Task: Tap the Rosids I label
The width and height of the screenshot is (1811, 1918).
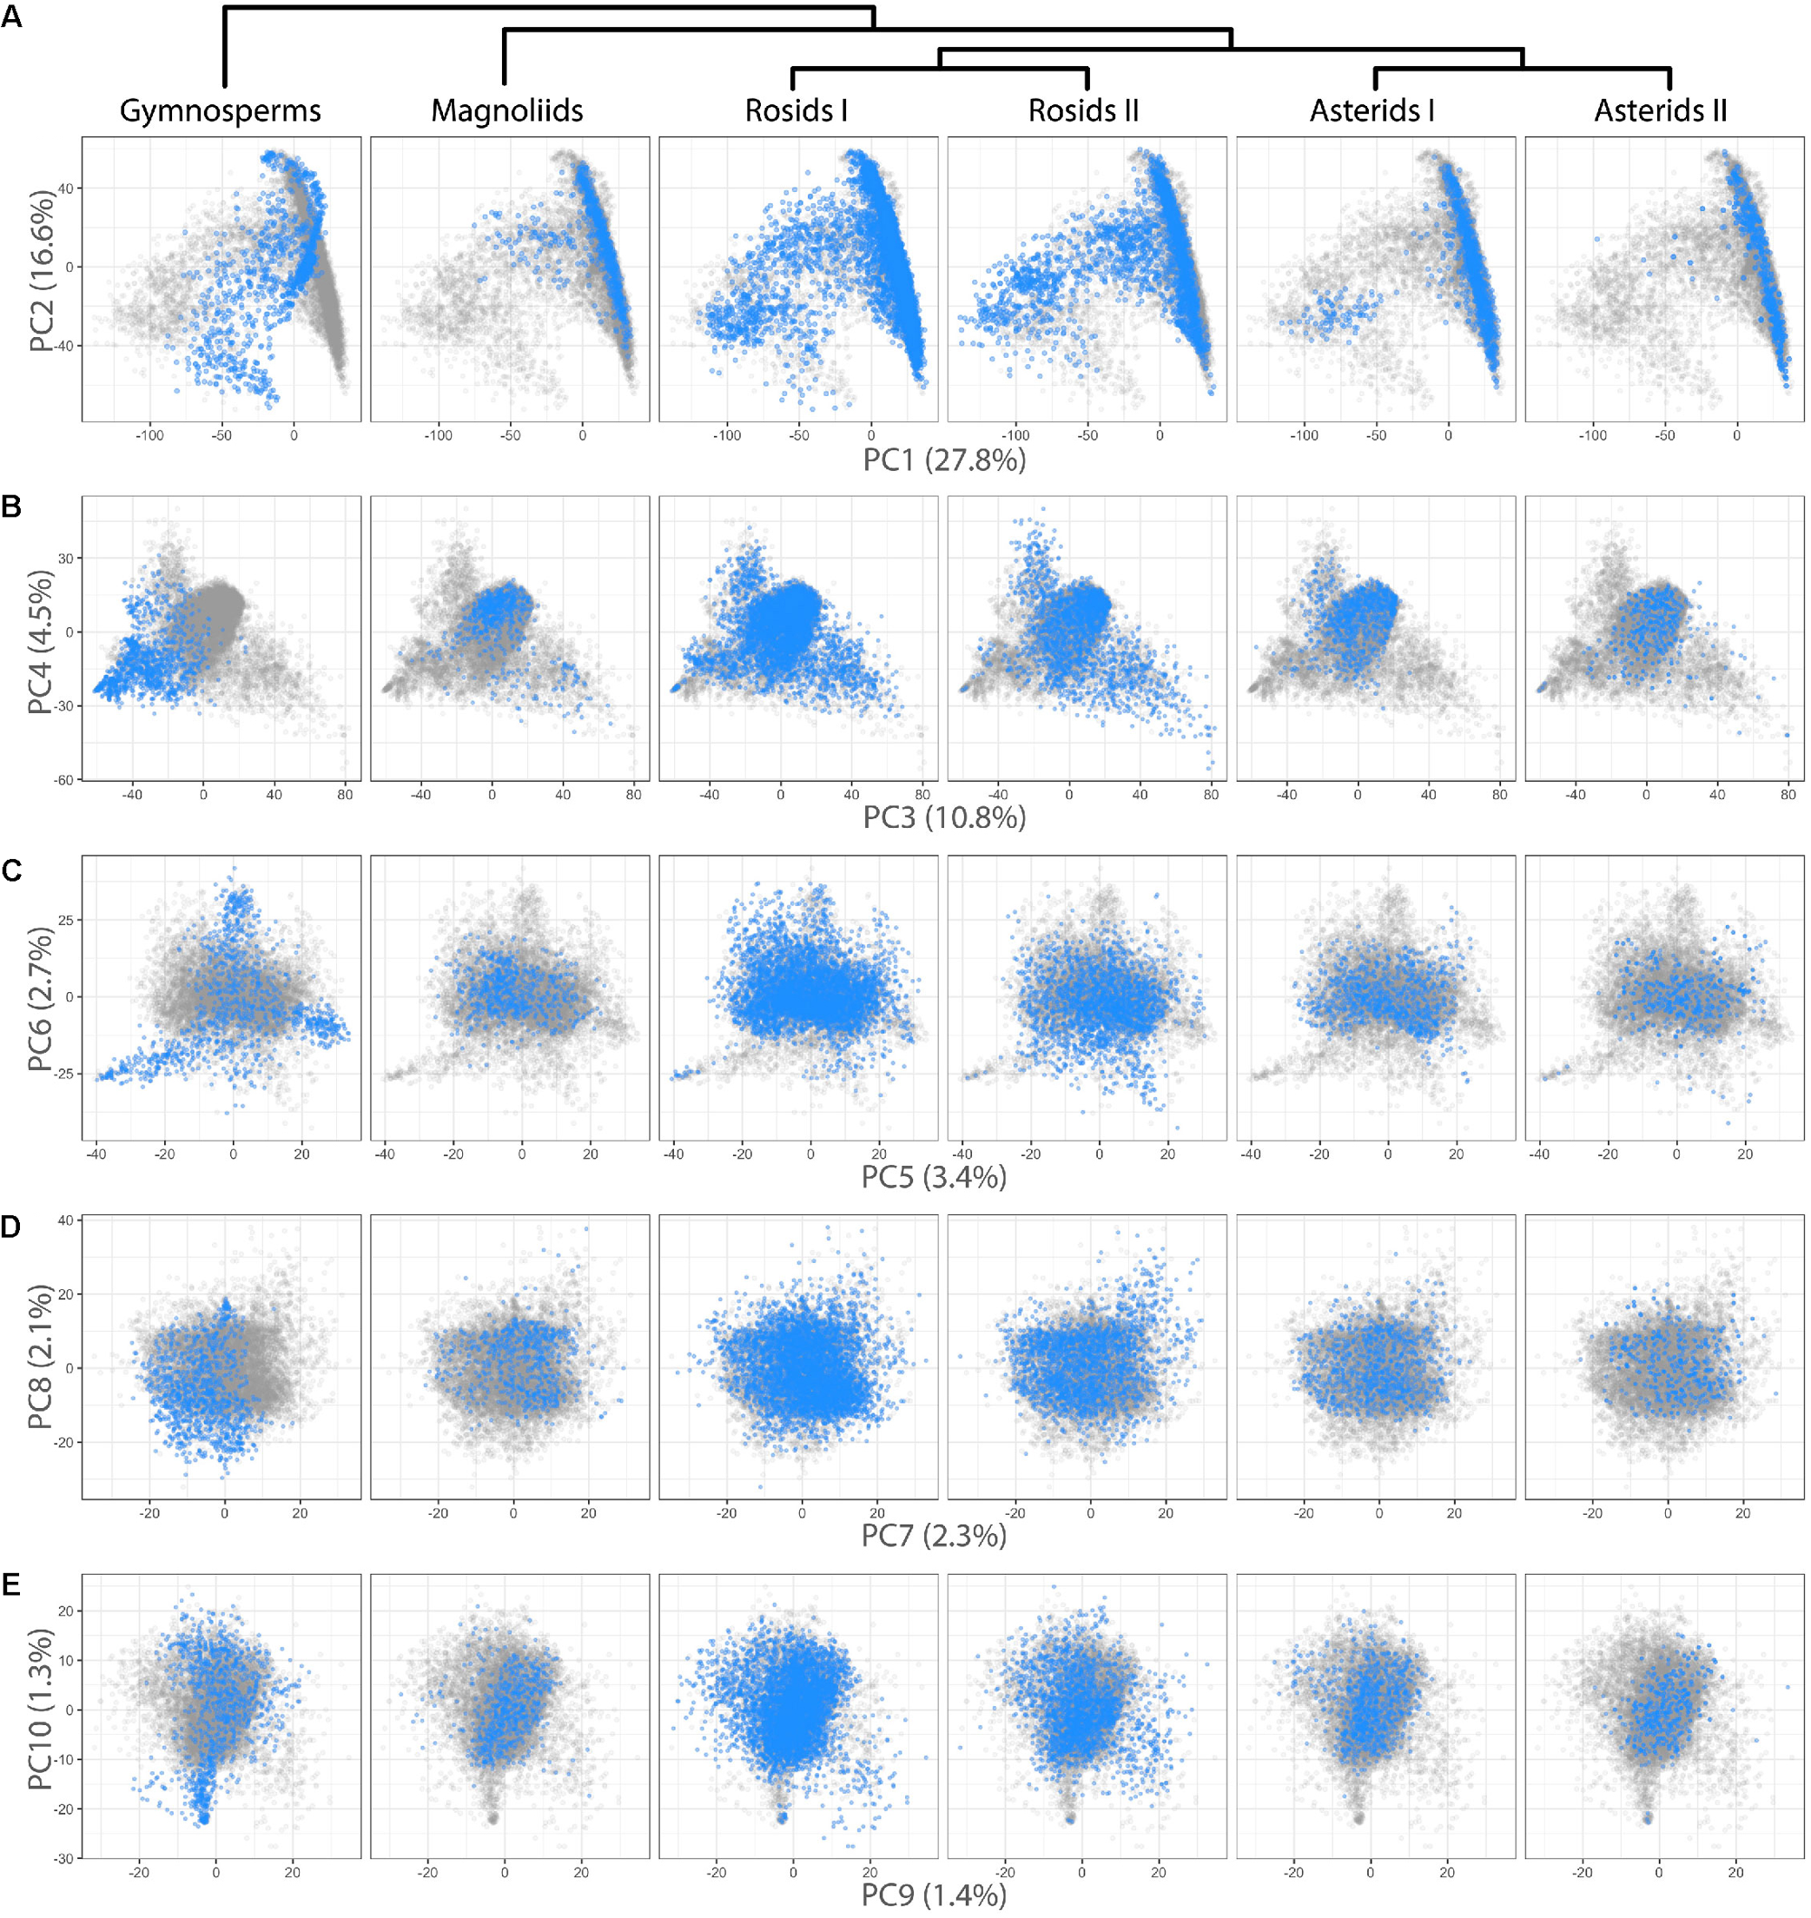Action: (x=796, y=111)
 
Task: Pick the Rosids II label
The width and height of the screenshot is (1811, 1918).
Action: (x=1083, y=111)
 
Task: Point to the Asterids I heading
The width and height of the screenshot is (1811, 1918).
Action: (x=1371, y=111)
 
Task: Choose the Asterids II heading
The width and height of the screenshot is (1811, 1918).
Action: (x=1661, y=111)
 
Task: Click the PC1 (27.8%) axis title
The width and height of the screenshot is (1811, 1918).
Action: (x=944, y=460)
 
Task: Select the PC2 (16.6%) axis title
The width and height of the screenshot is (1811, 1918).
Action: (x=42, y=271)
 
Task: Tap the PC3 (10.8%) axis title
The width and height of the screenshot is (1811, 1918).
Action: (x=944, y=817)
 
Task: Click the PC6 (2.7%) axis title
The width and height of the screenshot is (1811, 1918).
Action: (x=41, y=999)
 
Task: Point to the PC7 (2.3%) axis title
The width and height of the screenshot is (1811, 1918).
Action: (x=934, y=1536)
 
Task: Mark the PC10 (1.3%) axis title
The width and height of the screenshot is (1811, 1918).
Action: (x=41, y=1709)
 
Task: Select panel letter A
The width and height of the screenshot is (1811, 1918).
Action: (x=11, y=17)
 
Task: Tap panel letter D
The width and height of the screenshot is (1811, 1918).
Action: (x=11, y=1227)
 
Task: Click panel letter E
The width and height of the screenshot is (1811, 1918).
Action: (x=11, y=1584)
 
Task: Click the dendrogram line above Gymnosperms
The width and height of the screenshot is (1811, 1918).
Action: (x=224, y=49)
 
